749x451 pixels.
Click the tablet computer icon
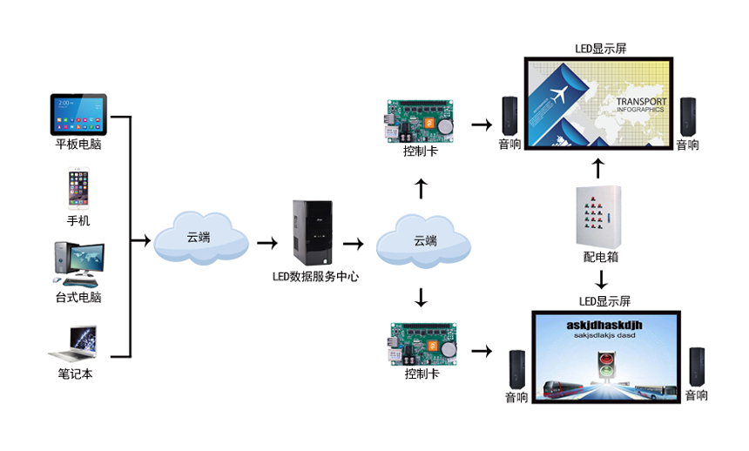pos(78,113)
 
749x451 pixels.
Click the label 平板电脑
pos(78,145)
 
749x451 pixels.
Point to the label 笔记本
pos(75,374)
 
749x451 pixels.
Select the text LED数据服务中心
pos(315,277)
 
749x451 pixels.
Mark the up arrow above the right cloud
pos(422,187)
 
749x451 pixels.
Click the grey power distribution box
pos(597,217)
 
